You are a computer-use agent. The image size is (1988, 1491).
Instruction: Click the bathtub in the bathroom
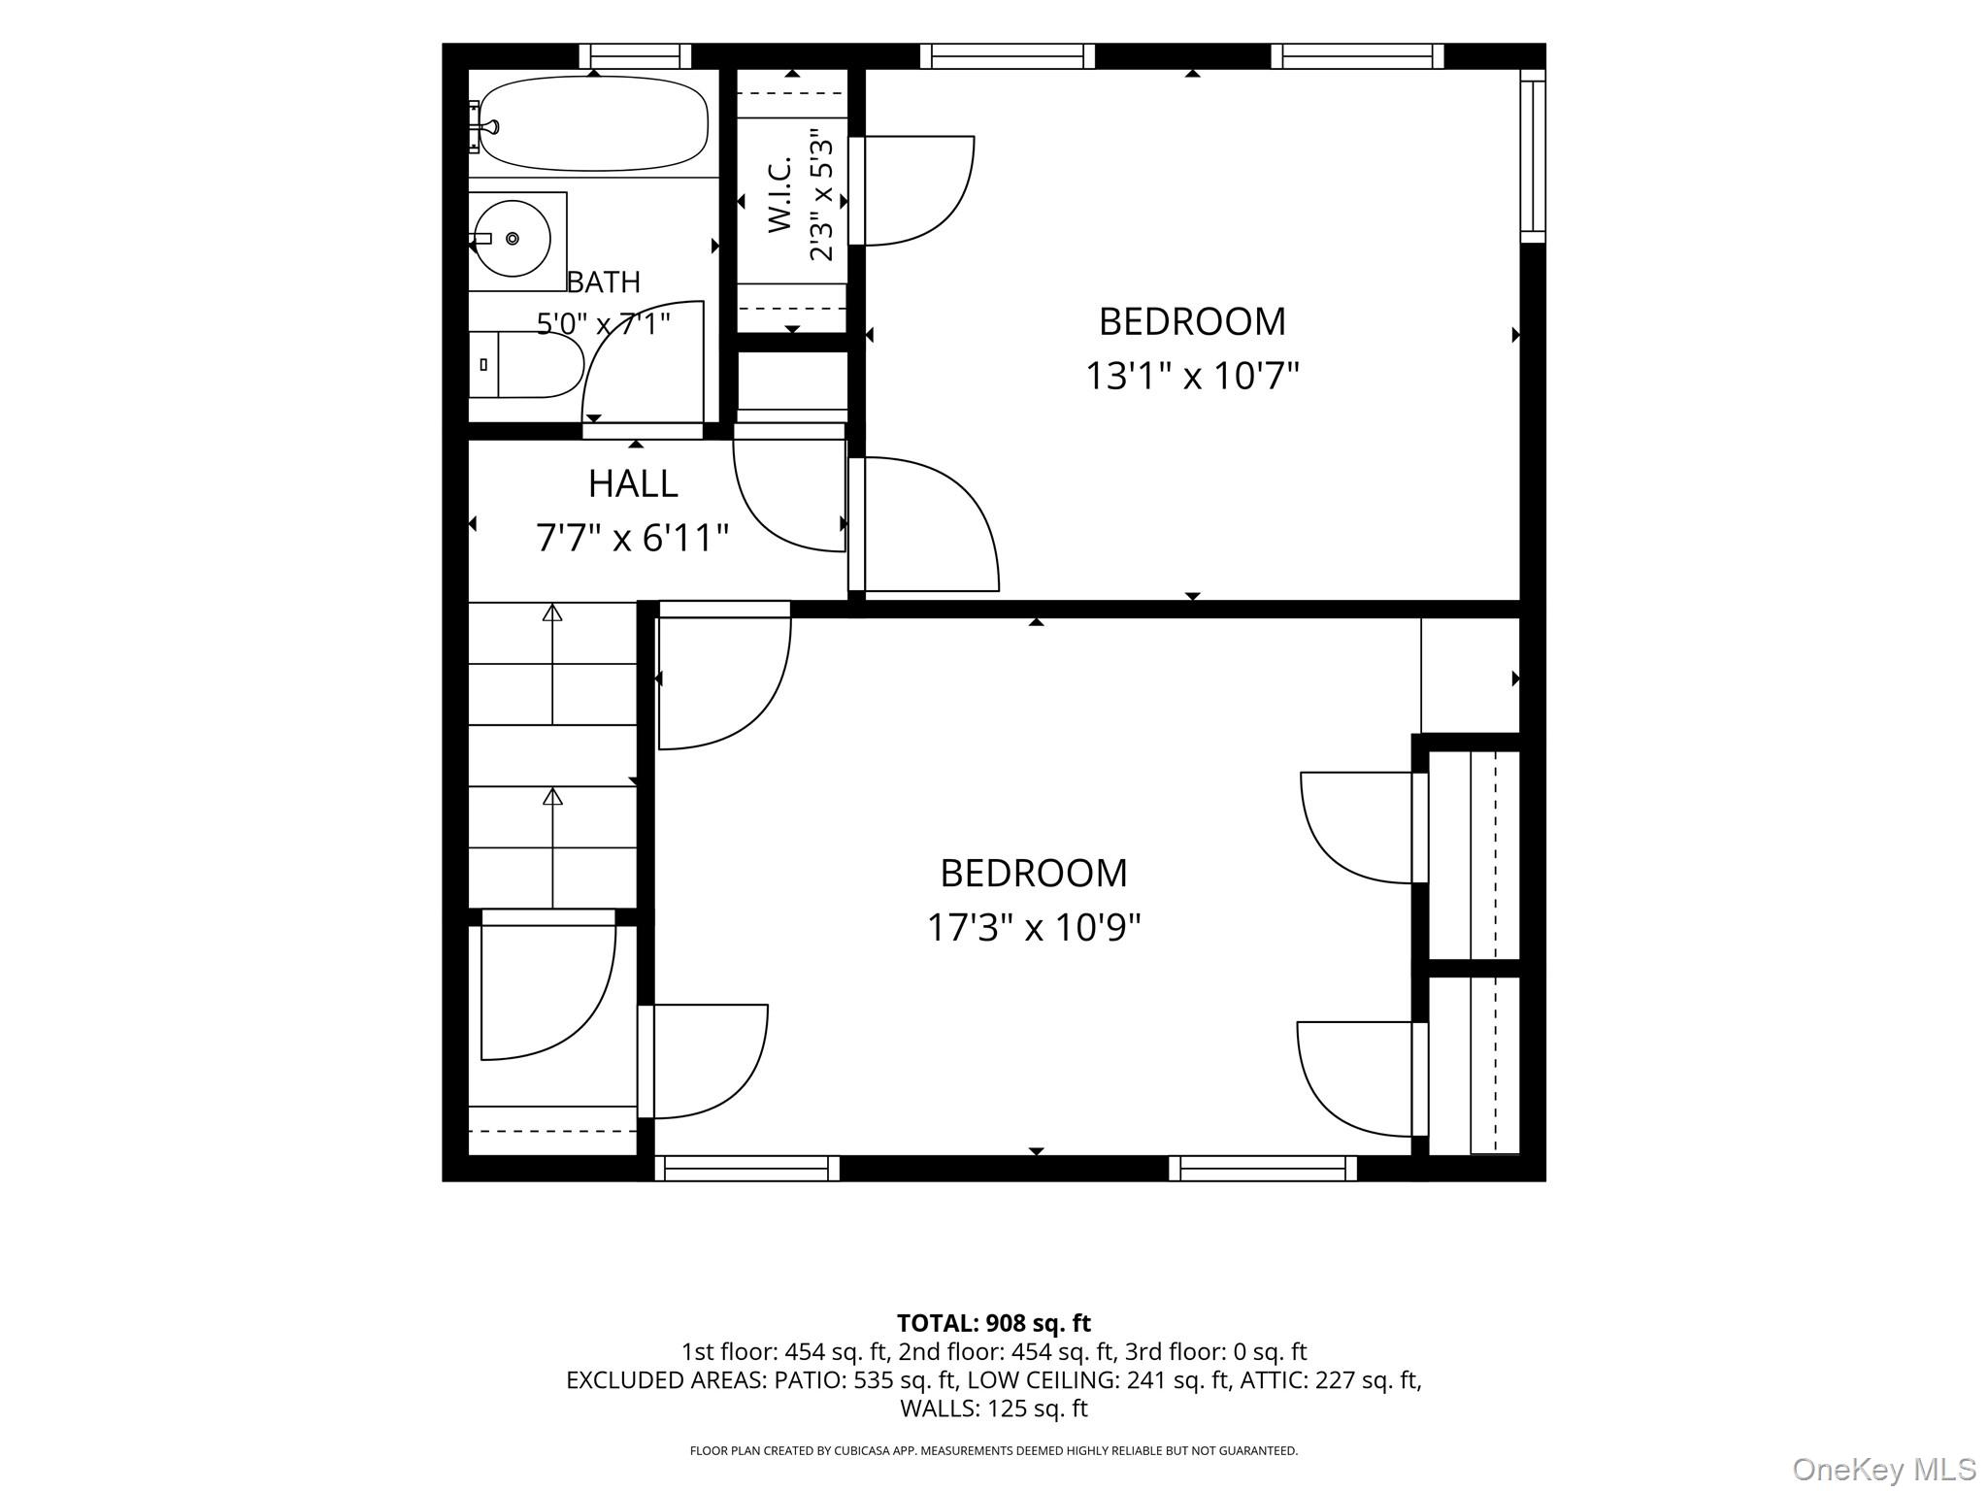pyautogui.click(x=594, y=124)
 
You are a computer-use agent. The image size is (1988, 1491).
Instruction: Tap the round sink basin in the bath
pyautogui.click(x=512, y=238)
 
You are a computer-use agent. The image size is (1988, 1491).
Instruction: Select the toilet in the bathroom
pyautogui.click(x=526, y=364)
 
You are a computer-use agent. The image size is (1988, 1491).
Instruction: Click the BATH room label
pyautogui.click(x=604, y=282)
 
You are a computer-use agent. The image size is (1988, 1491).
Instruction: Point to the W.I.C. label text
pyautogui.click(x=780, y=195)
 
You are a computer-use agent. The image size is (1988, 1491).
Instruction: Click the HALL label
pyautogui.click(x=633, y=483)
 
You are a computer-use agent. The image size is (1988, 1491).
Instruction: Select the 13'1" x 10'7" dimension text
pyautogui.click(x=1192, y=376)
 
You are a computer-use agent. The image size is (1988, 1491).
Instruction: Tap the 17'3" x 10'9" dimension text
pyautogui.click(x=1034, y=928)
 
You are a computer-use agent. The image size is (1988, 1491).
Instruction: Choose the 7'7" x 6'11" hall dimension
pyautogui.click(x=633, y=538)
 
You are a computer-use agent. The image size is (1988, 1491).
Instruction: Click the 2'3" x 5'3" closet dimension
pyautogui.click(x=821, y=195)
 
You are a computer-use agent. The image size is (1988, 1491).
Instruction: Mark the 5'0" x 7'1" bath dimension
pyautogui.click(x=604, y=323)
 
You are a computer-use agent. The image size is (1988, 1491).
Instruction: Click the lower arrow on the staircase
pyautogui.click(x=552, y=847)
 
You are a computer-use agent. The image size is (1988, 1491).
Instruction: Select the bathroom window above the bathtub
pyautogui.click(x=636, y=56)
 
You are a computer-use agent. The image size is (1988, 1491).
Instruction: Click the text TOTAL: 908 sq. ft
pyautogui.click(x=994, y=1323)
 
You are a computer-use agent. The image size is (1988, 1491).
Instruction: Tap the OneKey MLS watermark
pyautogui.click(x=1884, y=1469)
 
